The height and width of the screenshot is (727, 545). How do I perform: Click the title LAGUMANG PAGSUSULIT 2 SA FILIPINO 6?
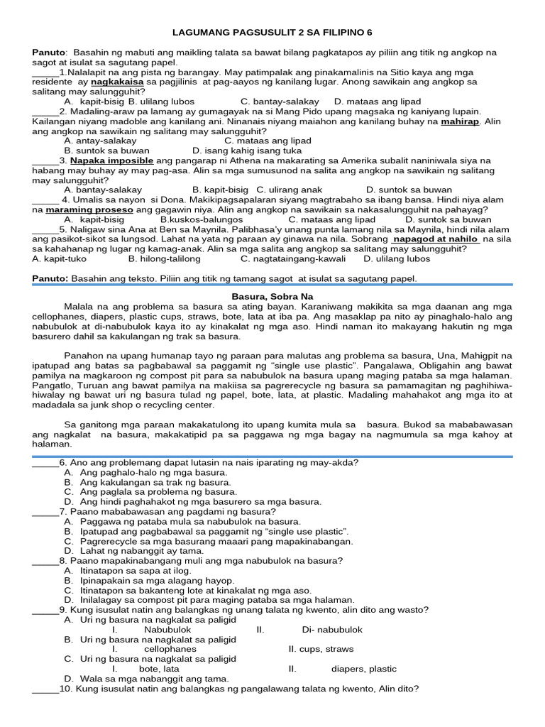[x=272, y=33]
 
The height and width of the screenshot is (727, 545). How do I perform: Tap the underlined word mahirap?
[x=460, y=122]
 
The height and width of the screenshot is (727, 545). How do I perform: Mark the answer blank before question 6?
[x=45, y=463]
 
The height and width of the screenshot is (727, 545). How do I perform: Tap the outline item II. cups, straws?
[x=321, y=649]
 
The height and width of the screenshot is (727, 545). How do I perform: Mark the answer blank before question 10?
[x=45, y=689]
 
